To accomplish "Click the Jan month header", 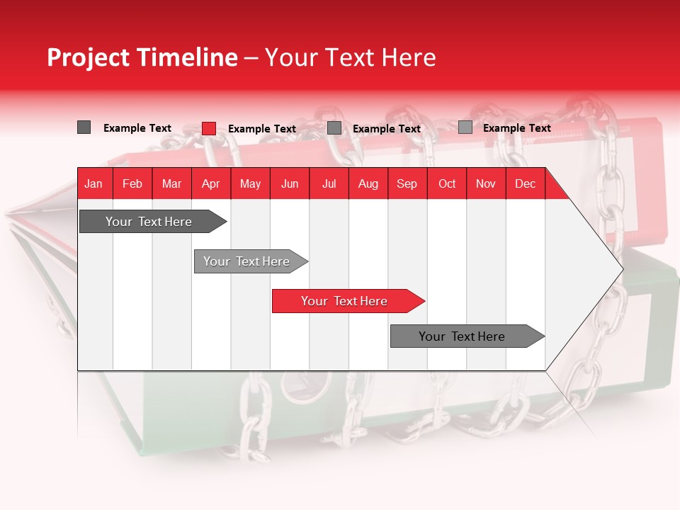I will click(94, 183).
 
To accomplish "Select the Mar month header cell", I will click(171, 183).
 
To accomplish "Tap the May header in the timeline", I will click(250, 183).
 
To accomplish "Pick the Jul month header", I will click(329, 183).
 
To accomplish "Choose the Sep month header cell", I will click(407, 183).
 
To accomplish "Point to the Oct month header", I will click(446, 183).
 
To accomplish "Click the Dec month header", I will click(525, 183).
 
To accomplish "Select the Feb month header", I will click(132, 183).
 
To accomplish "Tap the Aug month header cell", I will click(368, 183).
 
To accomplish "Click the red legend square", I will click(208, 128).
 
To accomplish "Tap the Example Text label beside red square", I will click(261, 129).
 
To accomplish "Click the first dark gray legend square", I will click(84, 127).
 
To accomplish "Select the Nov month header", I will click(485, 183).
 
